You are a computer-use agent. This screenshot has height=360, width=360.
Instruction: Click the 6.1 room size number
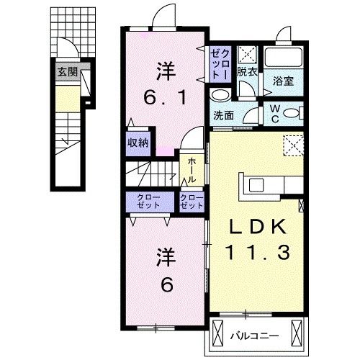coord(166,96)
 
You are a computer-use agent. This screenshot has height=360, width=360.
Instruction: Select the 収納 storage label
coord(138,143)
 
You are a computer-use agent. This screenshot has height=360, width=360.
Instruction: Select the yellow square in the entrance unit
coord(65,99)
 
